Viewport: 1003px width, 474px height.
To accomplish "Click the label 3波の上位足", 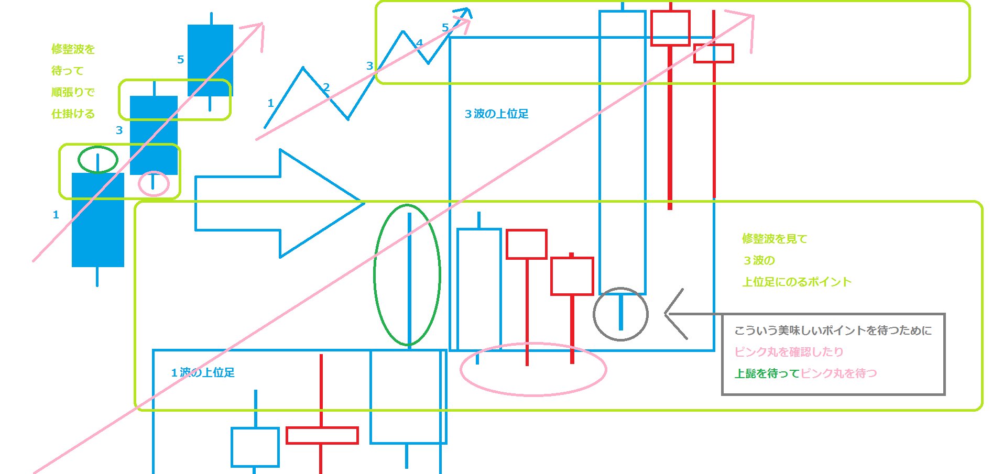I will pos(496,114).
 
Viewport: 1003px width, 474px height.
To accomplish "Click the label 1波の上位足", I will pos(203,372).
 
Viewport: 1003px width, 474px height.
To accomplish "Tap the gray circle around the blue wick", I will pos(621,314).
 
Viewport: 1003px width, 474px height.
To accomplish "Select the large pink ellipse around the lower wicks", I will pos(533,369).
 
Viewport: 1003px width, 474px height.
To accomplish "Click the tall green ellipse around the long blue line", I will pos(408,275).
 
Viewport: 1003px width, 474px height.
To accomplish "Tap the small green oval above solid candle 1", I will pos(98,159).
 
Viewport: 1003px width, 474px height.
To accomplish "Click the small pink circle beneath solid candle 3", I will pos(154,184).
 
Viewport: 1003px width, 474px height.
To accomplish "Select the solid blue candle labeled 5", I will pos(210,59).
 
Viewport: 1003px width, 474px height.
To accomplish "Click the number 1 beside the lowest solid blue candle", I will pos(56,215).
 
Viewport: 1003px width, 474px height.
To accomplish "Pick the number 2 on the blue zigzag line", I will pos(326,87).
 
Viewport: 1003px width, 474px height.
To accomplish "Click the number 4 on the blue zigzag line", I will pos(419,43).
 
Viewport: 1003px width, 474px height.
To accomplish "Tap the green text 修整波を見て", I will pos(775,239).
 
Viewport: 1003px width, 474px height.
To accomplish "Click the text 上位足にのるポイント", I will pos(797,282).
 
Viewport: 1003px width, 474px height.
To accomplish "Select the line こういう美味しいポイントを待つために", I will pos(833,330).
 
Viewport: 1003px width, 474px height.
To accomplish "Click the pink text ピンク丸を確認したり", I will pos(789,352).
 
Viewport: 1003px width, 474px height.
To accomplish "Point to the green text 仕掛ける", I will pos(73,114).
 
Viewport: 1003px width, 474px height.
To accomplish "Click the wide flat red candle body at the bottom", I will pos(322,435).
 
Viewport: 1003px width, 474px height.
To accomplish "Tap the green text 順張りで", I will pos(73,92).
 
